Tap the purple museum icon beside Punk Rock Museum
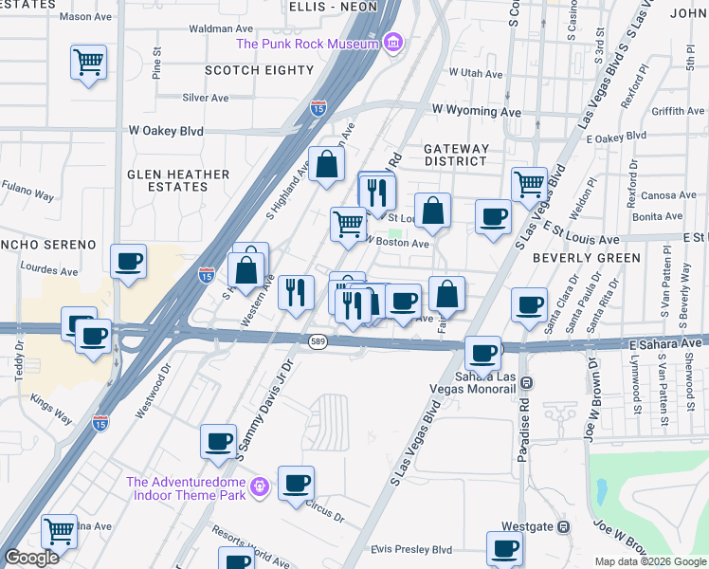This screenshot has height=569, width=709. click(x=394, y=43)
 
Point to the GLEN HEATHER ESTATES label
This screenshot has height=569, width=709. click(x=179, y=180)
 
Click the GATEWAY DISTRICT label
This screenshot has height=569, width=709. click(x=456, y=155)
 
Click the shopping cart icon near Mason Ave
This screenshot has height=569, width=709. click(x=88, y=64)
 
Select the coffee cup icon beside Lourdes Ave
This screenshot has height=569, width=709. click(x=129, y=261)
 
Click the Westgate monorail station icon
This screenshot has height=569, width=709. click(x=564, y=526)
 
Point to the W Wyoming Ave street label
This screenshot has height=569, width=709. click(x=477, y=111)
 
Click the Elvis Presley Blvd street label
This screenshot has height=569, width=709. click(x=411, y=549)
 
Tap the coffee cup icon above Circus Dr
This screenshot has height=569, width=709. click(x=296, y=484)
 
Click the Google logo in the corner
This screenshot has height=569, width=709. click(x=31, y=559)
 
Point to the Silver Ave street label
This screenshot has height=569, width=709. click(x=206, y=98)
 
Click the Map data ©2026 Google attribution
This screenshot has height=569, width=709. click(x=649, y=561)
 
